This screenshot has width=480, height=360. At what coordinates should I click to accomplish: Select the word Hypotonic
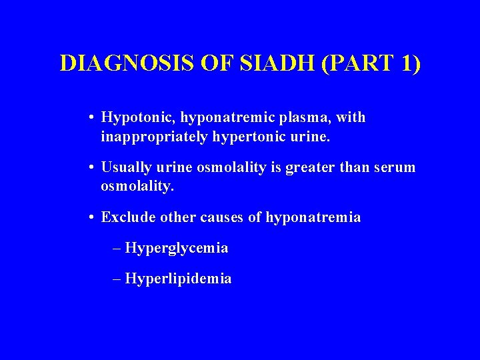tap(131, 118)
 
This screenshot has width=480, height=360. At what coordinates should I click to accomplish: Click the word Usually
tap(125, 168)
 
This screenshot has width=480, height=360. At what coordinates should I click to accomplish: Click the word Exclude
tap(125, 218)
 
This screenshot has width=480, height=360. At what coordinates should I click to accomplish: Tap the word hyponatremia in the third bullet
tap(313, 218)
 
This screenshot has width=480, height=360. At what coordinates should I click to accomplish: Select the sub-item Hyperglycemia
tap(177, 249)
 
